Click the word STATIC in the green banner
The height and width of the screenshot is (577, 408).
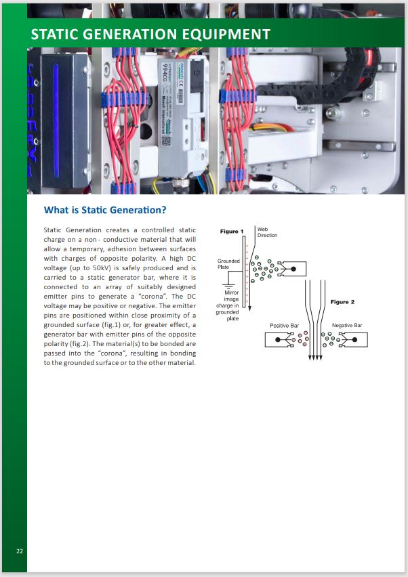pyautogui.click(x=59, y=35)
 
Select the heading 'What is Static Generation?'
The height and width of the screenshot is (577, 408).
pyautogui.click(x=104, y=210)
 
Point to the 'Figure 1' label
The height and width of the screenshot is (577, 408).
pyautogui.click(x=232, y=232)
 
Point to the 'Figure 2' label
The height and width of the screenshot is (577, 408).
pyautogui.click(x=342, y=301)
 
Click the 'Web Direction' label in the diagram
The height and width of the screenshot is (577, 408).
pyautogui.click(x=267, y=232)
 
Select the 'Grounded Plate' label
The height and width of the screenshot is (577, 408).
pyautogui.click(x=228, y=263)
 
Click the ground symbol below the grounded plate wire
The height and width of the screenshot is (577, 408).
pyautogui.click(x=229, y=285)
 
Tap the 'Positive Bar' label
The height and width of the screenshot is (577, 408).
pyautogui.click(x=284, y=326)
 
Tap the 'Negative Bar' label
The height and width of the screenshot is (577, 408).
pyautogui.click(x=347, y=326)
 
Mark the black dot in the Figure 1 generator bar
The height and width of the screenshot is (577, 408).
pyautogui.click(x=293, y=269)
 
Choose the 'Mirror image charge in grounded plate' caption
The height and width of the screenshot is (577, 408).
pyautogui.click(x=227, y=304)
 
